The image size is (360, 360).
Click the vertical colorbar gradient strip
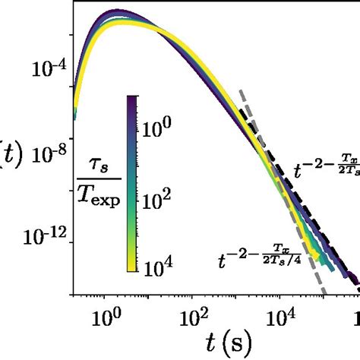pyautogui.click(x=132, y=182)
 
